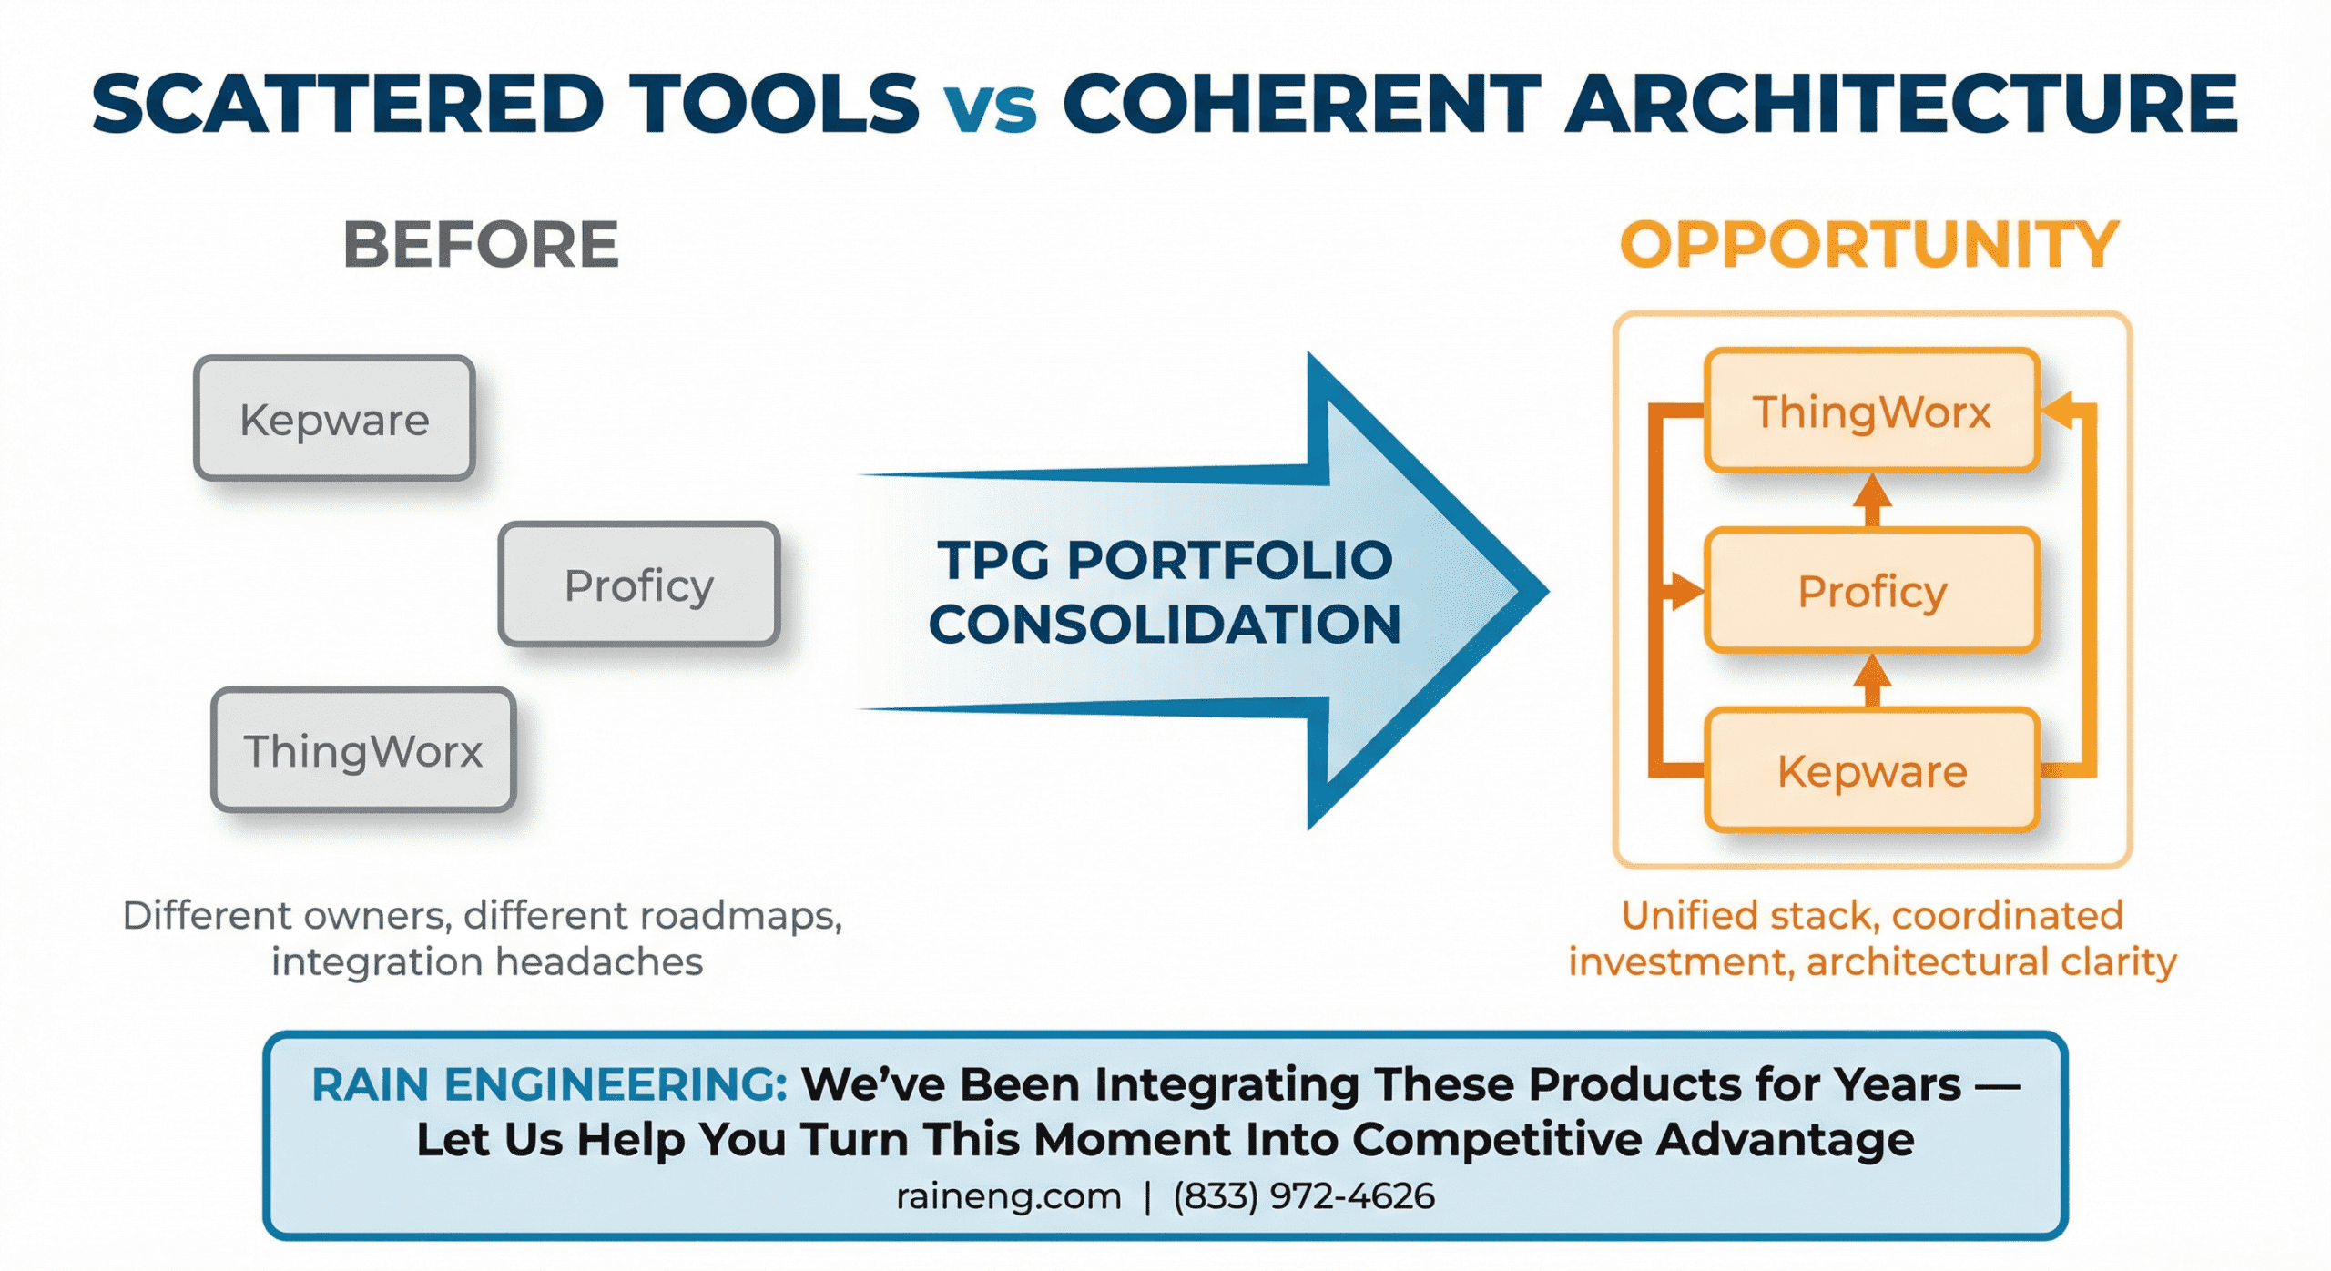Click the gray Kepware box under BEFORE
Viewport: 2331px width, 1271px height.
[x=334, y=419]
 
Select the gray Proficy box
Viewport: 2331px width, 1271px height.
[x=638, y=585]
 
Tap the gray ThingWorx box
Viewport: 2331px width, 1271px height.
[x=363, y=750]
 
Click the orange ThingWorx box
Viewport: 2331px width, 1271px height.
[x=1871, y=412]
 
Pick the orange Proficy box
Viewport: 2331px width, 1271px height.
[x=1871, y=591]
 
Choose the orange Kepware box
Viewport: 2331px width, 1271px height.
[x=1871, y=771]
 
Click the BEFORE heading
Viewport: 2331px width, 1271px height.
[x=481, y=245]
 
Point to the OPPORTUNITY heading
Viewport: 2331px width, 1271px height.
[x=1869, y=245]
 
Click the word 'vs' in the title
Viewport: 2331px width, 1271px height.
[x=990, y=106]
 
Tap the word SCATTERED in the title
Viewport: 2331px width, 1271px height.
[x=347, y=104]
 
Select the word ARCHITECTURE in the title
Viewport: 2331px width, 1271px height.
[x=1901, y=104]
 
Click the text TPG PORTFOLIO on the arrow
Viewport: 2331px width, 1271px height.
[x=1165, y=559]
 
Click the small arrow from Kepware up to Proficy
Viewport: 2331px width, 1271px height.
[x=1872, y=681]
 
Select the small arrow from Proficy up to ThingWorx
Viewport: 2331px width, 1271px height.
[x=1872, y=500]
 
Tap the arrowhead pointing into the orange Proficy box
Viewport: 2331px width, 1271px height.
[x=1686, y=591]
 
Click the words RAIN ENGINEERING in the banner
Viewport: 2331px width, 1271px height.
[x=549, y=1084]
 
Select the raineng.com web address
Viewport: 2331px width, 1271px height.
[x=1008, y=1196]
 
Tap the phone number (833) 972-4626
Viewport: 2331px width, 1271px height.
[x=1304, y=1196]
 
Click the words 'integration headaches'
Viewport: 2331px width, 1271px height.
[x=487, y=962]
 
